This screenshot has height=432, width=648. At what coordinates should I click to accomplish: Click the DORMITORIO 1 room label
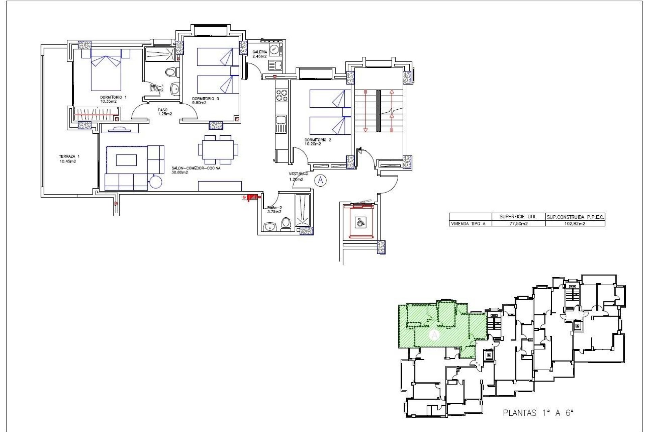click(x=113, y=99)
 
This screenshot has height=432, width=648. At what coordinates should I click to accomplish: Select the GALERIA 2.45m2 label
click(x=260, y=54)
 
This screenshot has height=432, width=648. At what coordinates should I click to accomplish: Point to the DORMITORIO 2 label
click(x=318, y=141)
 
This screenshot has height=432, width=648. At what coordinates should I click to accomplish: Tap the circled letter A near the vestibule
click(x=320, y=180)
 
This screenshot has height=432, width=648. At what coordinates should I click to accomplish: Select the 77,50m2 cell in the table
click(x=518, y=223)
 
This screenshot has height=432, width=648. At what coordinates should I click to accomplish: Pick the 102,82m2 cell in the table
click(x=575, y=223)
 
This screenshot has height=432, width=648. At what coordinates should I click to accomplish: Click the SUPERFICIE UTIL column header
click(x=518, y=217)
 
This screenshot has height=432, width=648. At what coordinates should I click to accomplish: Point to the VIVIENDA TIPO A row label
click(x=469, y=223)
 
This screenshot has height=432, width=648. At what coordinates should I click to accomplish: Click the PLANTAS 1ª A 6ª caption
click(x=538, y=412)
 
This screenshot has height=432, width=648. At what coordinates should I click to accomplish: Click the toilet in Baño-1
click(x=171, y=72)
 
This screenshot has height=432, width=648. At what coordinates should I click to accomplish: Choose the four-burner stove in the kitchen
click(x=281, y=95)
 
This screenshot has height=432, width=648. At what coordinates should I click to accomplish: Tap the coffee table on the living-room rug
click(x=126, y=160)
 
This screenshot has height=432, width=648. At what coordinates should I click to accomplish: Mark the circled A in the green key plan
click(x=435, y=335)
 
